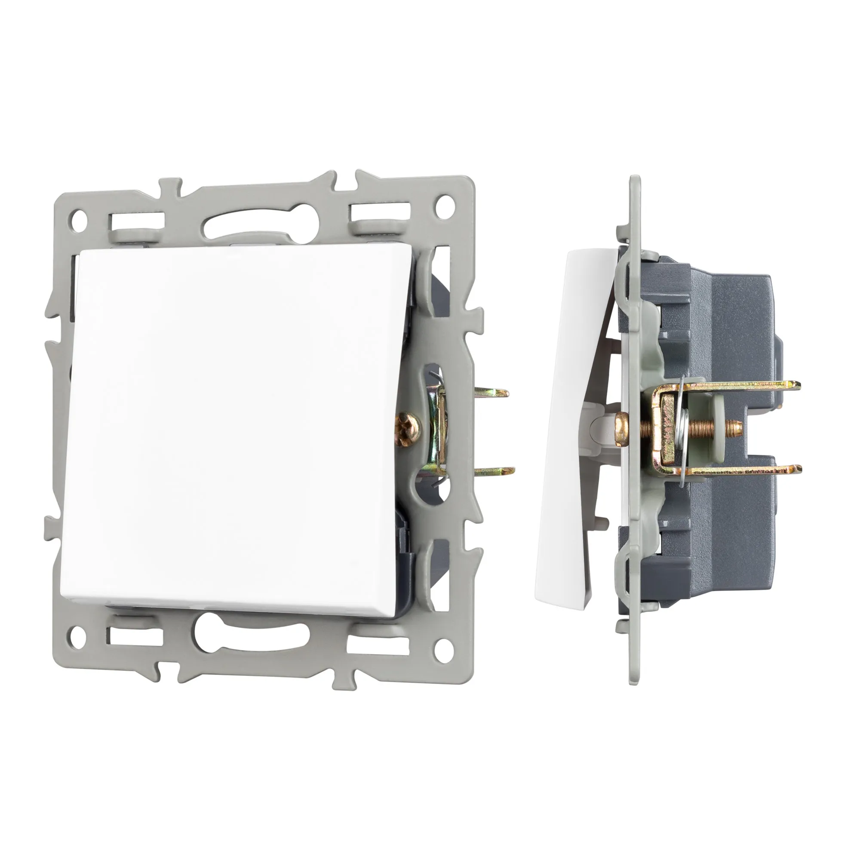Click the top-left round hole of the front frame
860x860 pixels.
tap(79, 219)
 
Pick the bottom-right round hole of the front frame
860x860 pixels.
tap(441, 645)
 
